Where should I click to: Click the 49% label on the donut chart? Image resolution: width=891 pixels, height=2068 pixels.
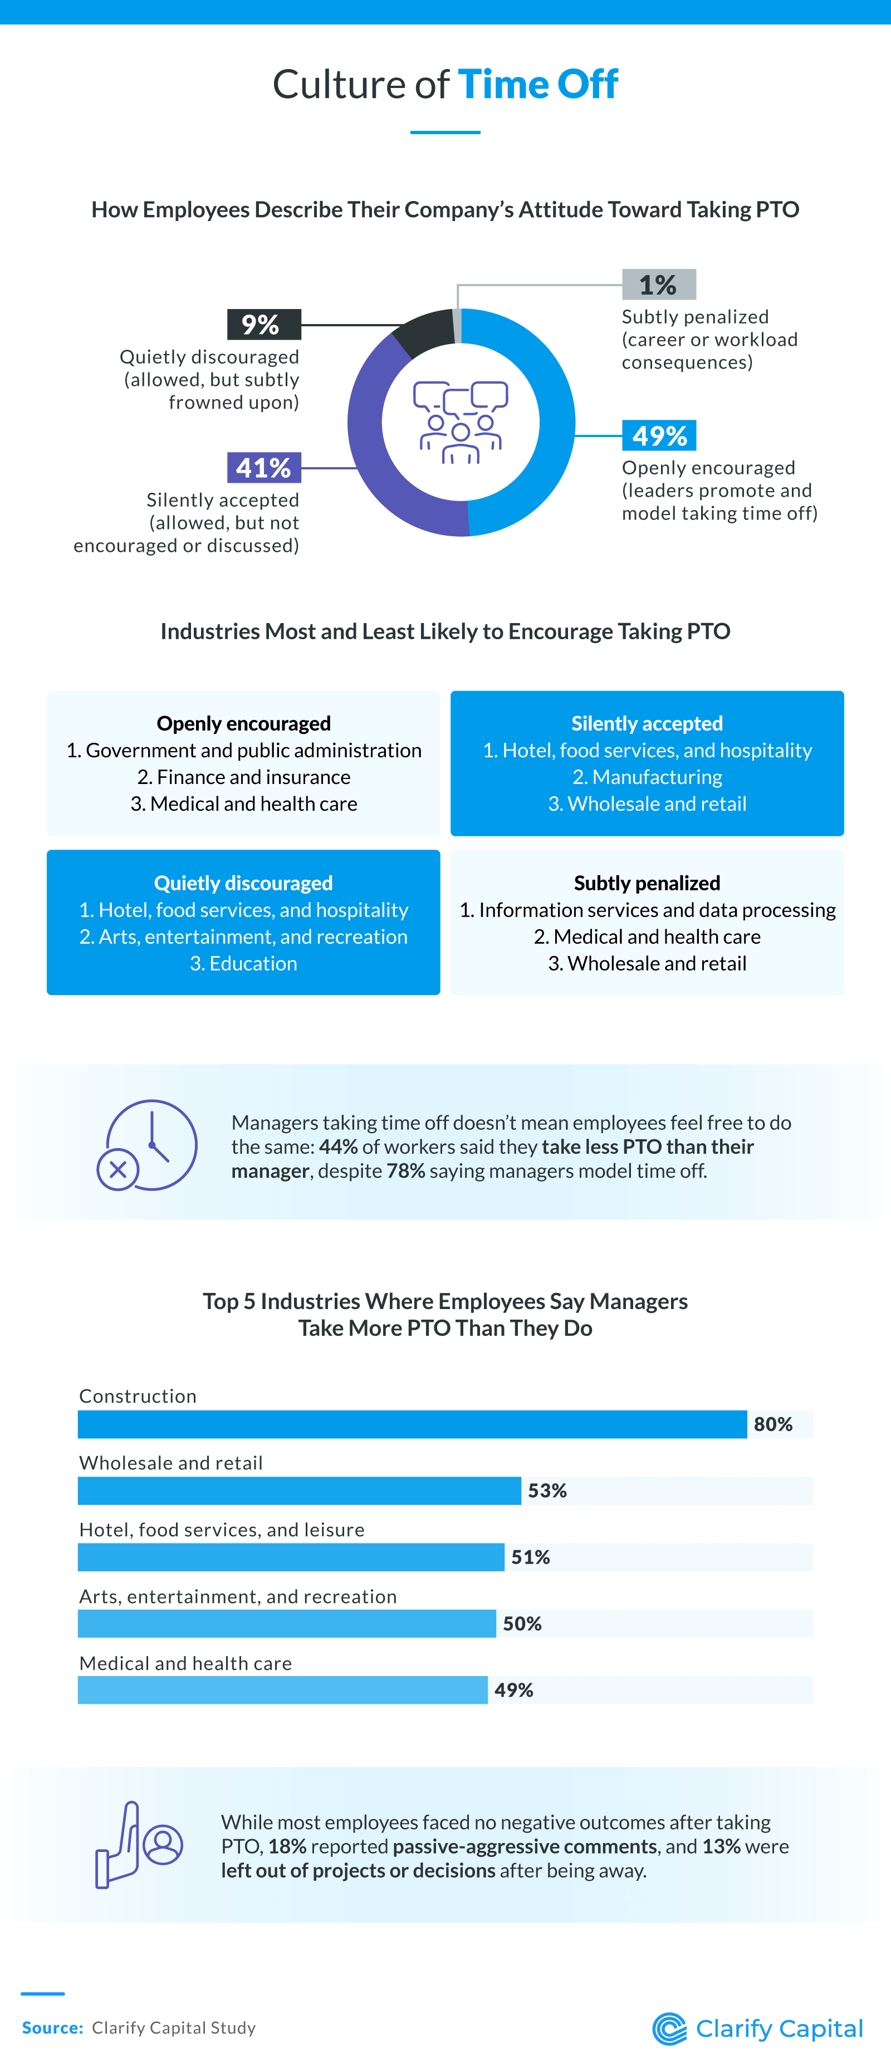(659, 436)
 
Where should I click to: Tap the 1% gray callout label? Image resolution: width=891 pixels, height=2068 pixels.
(658, 285)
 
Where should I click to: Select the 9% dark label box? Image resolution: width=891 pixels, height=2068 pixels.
(263, 324)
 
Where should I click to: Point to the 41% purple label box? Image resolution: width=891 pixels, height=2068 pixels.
(263, 467)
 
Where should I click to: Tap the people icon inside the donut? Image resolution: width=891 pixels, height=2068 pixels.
(461, 422)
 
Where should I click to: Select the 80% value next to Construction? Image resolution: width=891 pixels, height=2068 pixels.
(773, 1424)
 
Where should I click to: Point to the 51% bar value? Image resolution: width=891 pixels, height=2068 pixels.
(531, 1557)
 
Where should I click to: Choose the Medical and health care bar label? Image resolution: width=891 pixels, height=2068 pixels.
(185, 1663)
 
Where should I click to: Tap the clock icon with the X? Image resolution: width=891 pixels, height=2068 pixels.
(148, 1145)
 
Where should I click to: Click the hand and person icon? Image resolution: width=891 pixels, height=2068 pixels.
(139, 1845)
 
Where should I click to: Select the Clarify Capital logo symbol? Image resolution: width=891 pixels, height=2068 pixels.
(669, 2028)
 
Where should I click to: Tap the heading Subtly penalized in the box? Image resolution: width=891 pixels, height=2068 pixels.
(647, 883)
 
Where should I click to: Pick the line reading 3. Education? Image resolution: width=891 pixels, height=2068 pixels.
(243, 963)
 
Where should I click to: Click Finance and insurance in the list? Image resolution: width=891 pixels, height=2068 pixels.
(243, 777)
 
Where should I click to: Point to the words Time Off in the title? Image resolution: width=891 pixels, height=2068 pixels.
(538, 84)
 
